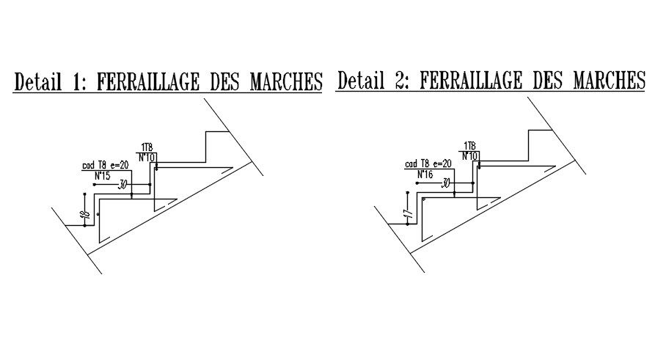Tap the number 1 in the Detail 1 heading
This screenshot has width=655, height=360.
pos(76,82)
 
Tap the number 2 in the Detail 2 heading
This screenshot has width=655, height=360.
pos(400,80)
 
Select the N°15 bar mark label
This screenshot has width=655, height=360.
pos(102,175)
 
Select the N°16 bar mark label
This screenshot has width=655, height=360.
pos(425,175)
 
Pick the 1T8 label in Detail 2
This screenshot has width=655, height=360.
pos(469,146)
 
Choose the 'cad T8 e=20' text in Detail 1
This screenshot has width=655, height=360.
pos(104,166)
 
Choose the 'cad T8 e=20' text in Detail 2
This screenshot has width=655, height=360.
pos(427,165)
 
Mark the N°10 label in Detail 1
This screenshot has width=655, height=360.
pos(147,156)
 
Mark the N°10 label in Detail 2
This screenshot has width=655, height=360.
pos(470,155)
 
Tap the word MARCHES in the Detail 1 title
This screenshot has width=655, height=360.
pos(286,82)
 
